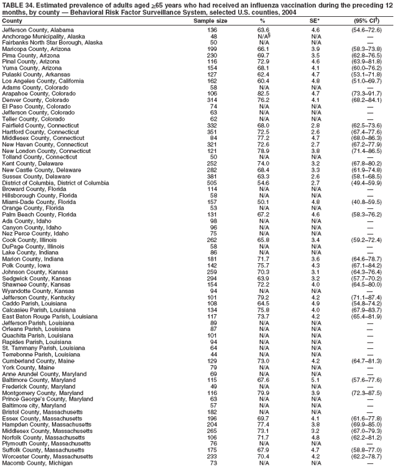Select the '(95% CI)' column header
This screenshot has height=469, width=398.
[370, 21]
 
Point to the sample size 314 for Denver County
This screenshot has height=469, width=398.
[212, 98]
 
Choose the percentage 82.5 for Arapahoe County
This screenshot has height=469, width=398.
[263, 93]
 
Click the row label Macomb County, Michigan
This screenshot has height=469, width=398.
[37, 463]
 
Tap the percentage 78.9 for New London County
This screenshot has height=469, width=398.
[263, 151]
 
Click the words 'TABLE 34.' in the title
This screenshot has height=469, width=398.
[16, 4]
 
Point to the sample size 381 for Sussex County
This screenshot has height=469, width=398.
[212, 176]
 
